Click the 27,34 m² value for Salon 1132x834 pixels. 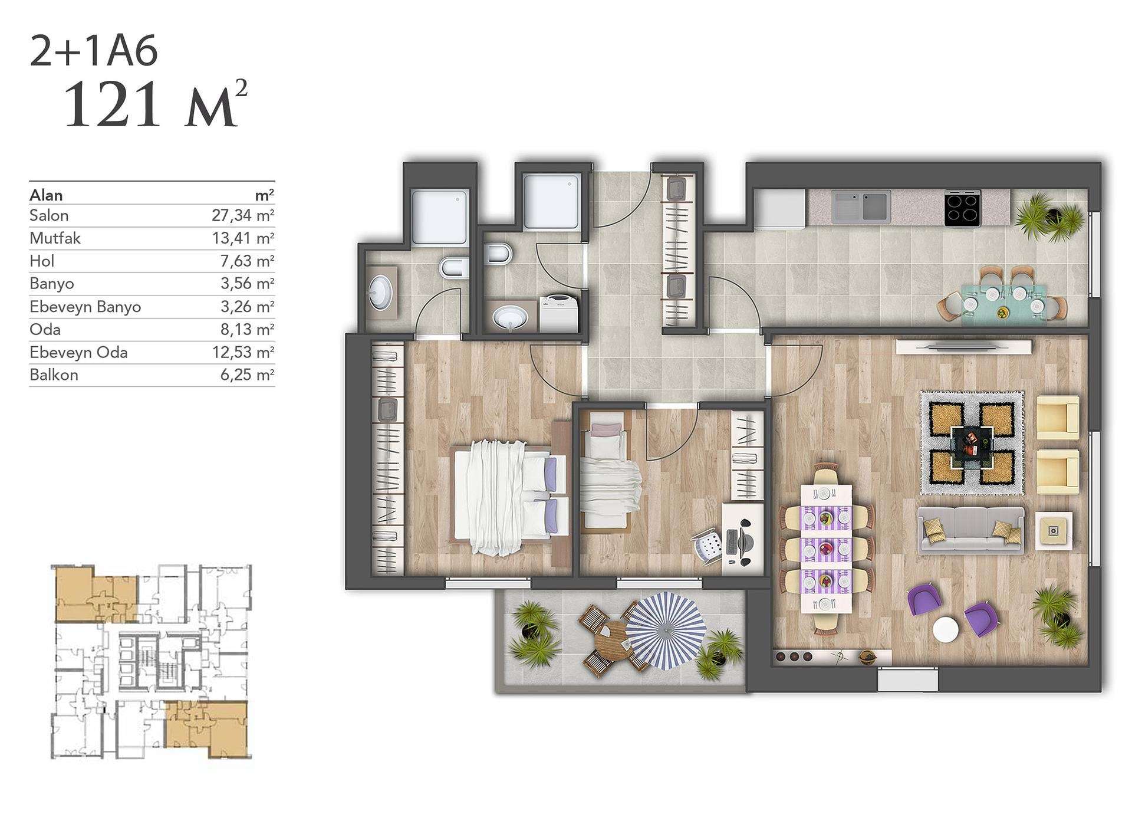pyautogui.click(x=243, y=215)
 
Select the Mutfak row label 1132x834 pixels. pyautogui.click(x=55, y=238)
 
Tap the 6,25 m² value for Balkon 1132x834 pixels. pyautogui.click(x=247, y=375)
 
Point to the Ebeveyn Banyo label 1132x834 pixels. pyautogui.click(x=85, y=307)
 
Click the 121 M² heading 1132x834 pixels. pyautogui.click(x=155, y=104)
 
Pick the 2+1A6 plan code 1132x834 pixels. pyautogui.click(x=94, y=51)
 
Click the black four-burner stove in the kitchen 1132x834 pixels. pyautogui.click(x=962, y=208)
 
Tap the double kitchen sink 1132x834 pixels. pyautogui.click(x=861, y=205)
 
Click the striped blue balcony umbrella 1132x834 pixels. pyautogui.click(x=665, y=631)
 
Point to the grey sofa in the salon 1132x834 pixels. pyautogui.click(x=970, y=529)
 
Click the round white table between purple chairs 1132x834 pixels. pyautogui.click(x=946, y=629)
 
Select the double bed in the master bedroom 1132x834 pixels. pyautogui.click(x=509, y=497)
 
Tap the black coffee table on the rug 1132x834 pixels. pyautogui.click(x=972, y=442)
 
